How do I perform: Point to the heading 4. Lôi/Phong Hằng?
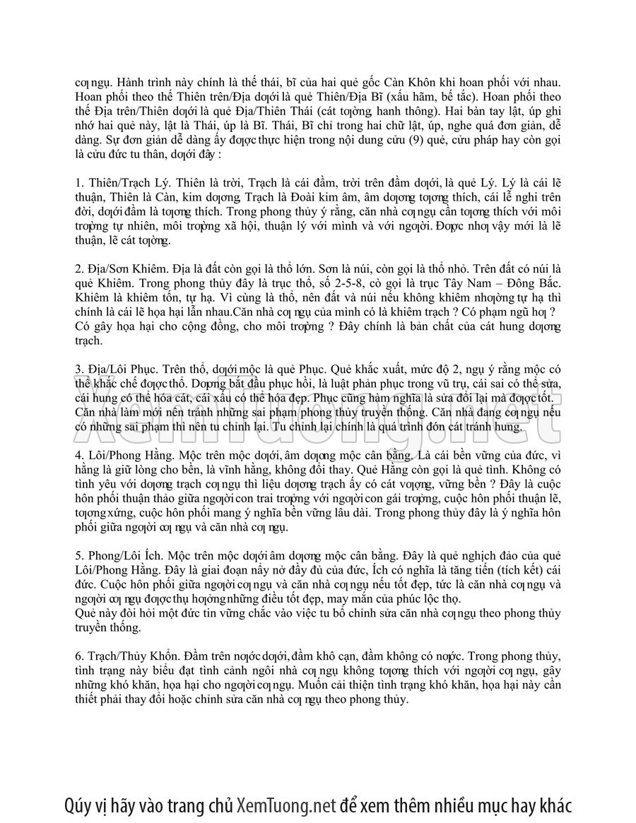click(x=119, y=449)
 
